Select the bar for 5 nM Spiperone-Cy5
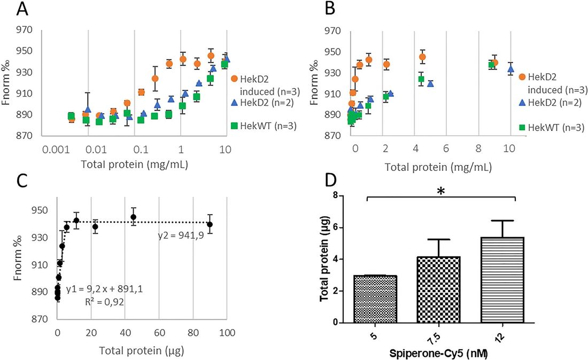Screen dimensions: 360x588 pos(374,299)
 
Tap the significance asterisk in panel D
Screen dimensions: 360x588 pos(442,191)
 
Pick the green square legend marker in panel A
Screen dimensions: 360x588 pos(234,127)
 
